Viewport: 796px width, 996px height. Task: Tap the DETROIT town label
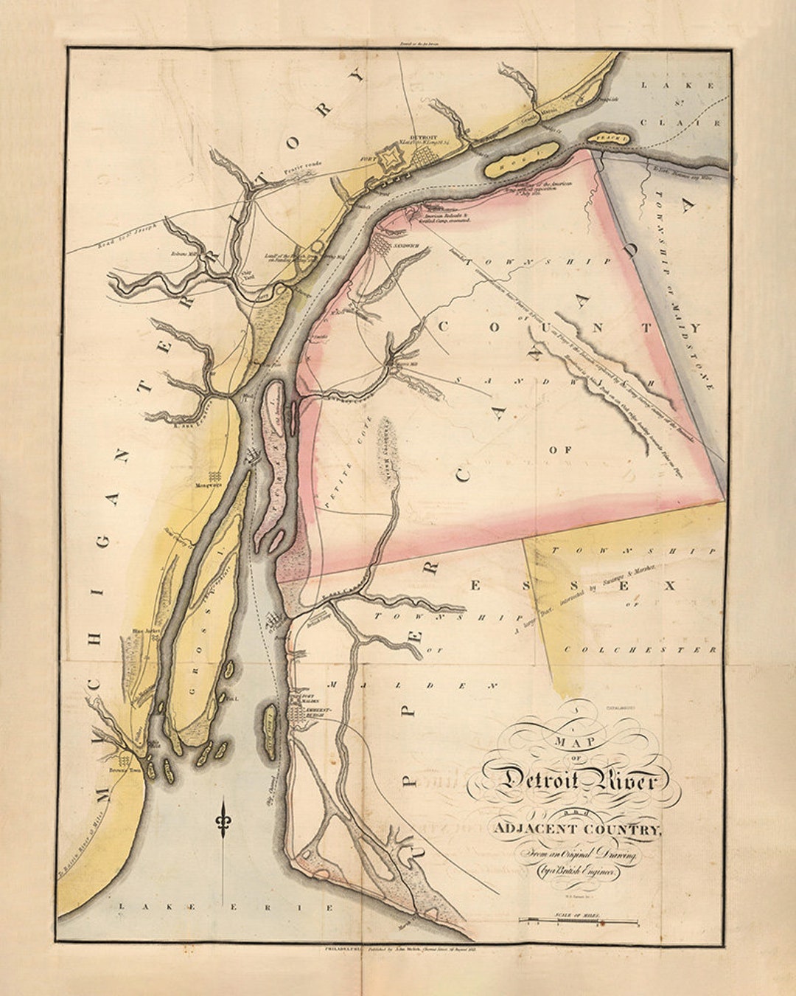click(424, 137)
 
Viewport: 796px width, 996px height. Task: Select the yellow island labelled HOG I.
click(521, 157)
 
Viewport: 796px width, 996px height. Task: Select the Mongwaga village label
click(209, 486)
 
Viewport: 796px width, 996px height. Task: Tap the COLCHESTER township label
click(640, 650)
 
